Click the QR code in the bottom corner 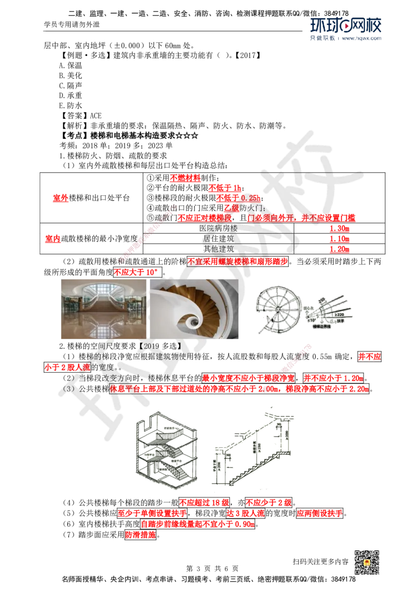click(x=367, y=563)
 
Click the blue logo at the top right click(x=346, y=29)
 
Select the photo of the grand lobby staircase click(x=103, y=309)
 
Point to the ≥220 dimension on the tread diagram click(x=337, y=315)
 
